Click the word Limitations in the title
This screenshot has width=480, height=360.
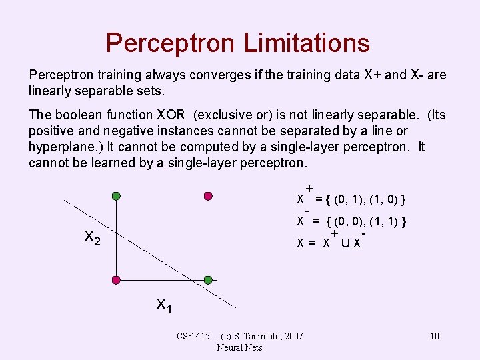pos(307,43)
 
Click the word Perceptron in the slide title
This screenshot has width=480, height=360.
pos(171,43)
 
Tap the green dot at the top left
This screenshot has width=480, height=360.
pos(116,196)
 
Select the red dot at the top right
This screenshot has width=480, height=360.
pos(208,196)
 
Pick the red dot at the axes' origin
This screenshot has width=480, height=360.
pos(116,279)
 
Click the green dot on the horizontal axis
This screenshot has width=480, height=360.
pos(208,279)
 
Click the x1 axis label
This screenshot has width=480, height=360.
pos(164,305)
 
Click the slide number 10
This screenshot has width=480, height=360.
pos(434,336)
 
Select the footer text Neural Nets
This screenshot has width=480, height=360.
pos(239,347)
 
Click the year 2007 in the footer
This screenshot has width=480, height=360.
pos(293,336)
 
